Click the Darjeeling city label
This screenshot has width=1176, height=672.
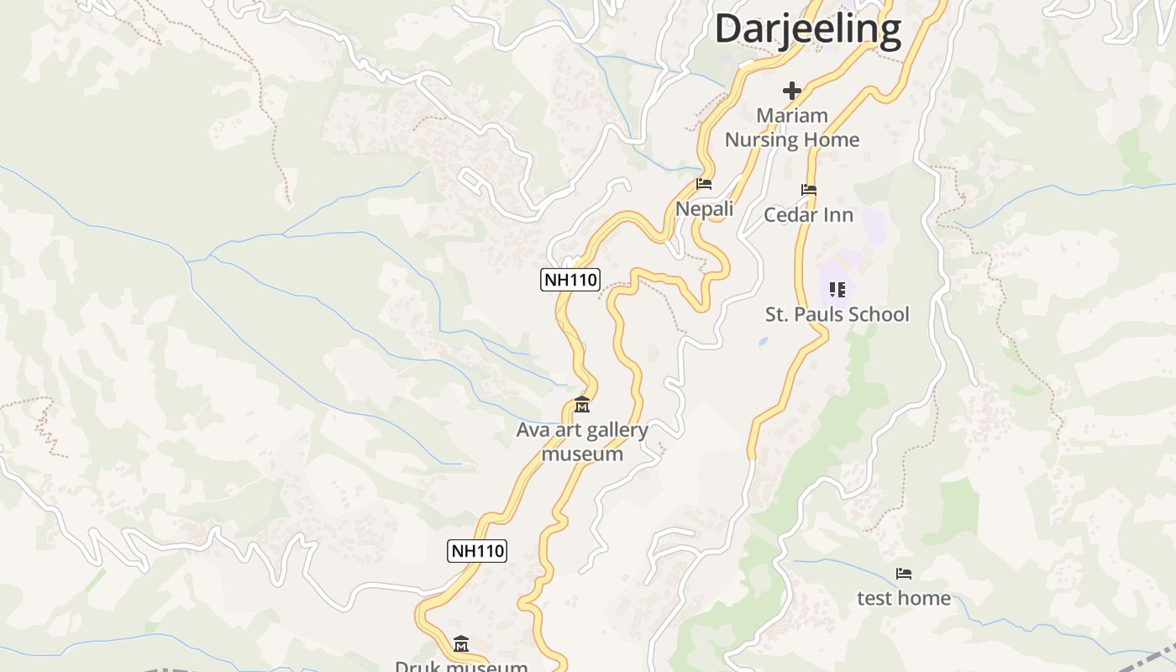(x=808, y=29)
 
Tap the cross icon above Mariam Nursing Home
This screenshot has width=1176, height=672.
(x=792, y=91)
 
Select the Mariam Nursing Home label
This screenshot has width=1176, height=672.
(x=792, y=128)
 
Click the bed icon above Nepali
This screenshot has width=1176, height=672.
(x=704, y=184)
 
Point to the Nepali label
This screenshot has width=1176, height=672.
(x=704, y=208)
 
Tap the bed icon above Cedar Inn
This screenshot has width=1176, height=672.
(x=809, y=190)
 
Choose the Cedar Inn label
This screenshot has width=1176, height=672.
(x=808, y=215)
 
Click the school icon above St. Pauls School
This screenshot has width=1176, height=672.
(x=837, y=290)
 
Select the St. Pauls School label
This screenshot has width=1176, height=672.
(x=837, y=314)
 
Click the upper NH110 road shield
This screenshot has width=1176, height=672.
(x=570, y=280)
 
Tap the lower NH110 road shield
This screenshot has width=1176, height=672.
(x=478, y=551)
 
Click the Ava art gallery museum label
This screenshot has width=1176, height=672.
(x=582, y=442)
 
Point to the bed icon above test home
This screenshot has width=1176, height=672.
(x=904, y=574)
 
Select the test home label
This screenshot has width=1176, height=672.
(x=904, y=598)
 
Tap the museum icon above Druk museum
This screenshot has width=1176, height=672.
(x=461, y=644)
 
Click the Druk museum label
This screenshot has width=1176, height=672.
(x=461, y=666)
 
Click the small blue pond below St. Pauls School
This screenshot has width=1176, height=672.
(x=762, y=342)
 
